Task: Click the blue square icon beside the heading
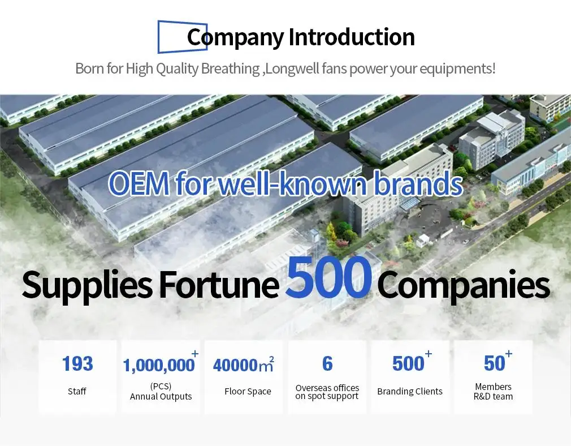[158, 37]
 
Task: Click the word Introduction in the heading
[352, 37]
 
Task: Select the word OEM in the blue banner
[139, 183]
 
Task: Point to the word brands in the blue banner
[418, 183]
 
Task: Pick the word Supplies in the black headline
[87, 286]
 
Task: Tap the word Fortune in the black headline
[219, 285]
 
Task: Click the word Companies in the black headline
[463, 286]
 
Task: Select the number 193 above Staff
[77, 363]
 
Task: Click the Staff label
[77, 391]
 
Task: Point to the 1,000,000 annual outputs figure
[159, 366]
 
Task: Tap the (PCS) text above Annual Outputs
[161, 386]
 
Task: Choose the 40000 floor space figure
[235, 365]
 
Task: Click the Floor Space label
[248, 391]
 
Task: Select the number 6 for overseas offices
[327, 363]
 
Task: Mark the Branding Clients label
[410, 391]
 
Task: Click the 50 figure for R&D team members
[494, 363]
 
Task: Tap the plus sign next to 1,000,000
[195, 353]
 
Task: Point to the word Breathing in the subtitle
[230, 68]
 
